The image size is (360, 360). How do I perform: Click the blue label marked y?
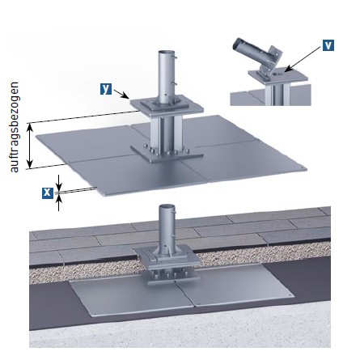(106, 89)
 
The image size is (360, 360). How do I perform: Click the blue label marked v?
(328, 45)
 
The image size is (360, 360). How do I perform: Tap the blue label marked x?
(48, 193)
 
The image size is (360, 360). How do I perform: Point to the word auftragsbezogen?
(14, 127)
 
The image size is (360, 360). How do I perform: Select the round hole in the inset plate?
(277, 74)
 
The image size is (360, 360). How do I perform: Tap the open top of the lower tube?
(167, 207)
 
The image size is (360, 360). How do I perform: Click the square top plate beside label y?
(167, 106)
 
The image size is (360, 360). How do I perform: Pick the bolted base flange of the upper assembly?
(167, 154)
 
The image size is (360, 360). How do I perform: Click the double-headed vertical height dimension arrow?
(30, 146)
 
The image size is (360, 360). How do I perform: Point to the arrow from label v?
(303, 60)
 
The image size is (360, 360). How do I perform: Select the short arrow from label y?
(121, 95)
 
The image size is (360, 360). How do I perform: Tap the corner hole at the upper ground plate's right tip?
(302, 168)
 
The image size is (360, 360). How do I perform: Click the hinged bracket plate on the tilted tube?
(273, 60)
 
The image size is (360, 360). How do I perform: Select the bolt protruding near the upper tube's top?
(175, 57)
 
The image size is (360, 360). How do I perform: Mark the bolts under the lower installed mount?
(168, 275)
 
